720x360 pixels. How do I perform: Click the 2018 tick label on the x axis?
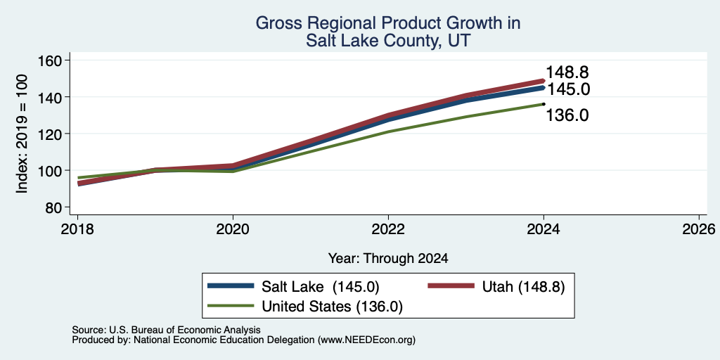tap(77, 229)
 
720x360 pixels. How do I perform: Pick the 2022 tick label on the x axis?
tap(388, 229)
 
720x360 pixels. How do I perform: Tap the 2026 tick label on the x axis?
tap(699, 229)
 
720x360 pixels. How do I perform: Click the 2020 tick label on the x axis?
tap(233, 229)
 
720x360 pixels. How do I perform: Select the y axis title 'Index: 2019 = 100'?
tap(22, 134)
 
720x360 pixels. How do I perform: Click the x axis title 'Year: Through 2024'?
tap(388, 259)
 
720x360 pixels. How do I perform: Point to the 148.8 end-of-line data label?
tap(567, 72)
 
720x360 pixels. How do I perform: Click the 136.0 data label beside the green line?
tap(567, 115)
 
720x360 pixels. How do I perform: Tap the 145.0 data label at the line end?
tap(568, 89)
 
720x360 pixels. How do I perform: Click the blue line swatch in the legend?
tap(231, 285)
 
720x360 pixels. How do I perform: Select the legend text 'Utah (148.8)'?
tap(523, 287)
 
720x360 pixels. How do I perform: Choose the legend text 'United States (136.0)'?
tap(332, 307)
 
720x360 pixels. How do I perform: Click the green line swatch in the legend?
tap(231, 305)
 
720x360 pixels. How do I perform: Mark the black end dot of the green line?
tap(544, 104)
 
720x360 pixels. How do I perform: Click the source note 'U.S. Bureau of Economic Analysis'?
tap(185, 330)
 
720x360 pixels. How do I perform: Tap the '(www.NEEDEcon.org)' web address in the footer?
tap(366, 340)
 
